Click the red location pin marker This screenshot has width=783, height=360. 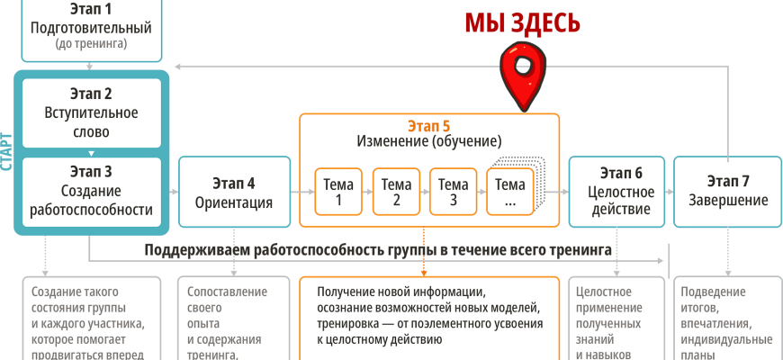tap(519, 76)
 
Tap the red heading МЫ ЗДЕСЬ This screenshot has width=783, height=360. tap(522, 22)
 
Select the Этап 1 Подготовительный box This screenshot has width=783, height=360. tap(90, 27)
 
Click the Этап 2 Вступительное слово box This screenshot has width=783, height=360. tap(90, 112)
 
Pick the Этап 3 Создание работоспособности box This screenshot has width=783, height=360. tap(90, 191)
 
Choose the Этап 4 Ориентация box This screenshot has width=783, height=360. tap(234, 193)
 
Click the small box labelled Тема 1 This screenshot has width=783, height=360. tap(338, 192)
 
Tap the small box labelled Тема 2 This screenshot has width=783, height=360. tap(396, 192)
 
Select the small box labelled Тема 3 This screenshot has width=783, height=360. tap(454, 192)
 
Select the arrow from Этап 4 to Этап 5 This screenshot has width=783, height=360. tap(294, 192)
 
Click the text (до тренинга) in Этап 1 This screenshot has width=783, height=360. tap(90, 43)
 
